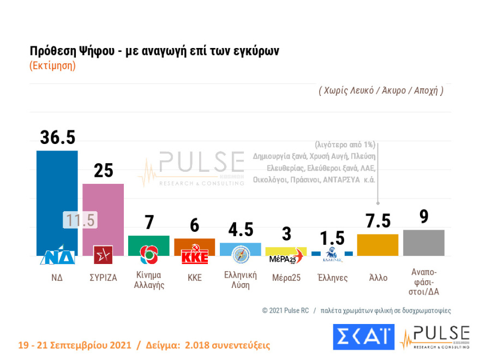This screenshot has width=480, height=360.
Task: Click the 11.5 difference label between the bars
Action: (x=80, y=220)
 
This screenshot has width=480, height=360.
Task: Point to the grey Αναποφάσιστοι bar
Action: (x=423, y=243)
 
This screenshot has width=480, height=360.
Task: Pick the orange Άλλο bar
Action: (x=377, y=245)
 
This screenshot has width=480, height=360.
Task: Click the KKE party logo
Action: (x=195, y=256)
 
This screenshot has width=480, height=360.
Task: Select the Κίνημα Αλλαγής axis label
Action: (x=149, y=280)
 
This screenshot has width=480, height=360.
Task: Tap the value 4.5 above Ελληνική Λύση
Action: (x=241, y=229)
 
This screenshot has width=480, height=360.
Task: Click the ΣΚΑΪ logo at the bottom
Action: (x=363, y=337)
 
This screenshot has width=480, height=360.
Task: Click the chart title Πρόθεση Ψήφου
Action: (x=154, y=51)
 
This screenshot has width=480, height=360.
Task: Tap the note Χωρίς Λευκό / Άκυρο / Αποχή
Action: (x=381, y=91)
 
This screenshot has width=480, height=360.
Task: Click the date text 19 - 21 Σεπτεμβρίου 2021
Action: (x=74, y=345)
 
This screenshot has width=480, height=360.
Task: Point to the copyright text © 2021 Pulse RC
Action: (x=285, y=310)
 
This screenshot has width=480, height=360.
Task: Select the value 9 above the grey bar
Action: (x=423, y=217)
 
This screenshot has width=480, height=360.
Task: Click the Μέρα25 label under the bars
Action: (x=286, y=278)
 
